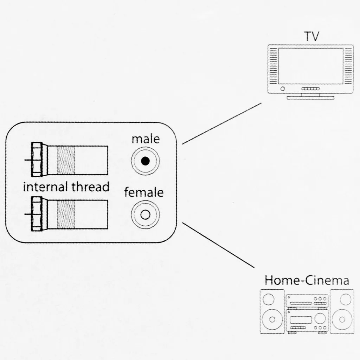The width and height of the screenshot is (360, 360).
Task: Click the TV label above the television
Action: pos(312,36)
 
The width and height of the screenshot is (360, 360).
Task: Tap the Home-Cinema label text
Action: pos(307,281)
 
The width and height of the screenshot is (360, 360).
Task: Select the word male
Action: pos(146,139)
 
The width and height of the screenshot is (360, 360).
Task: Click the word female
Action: pos(144,193)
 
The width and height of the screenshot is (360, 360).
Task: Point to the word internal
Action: pos(46,187)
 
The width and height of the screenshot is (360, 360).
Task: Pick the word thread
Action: pos(91,187)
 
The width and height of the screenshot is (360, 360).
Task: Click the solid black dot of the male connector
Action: pos(145,161)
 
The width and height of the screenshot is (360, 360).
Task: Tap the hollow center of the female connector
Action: pos(145,214)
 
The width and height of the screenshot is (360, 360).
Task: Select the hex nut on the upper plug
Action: pos(37,160)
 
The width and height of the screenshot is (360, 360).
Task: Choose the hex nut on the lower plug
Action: pos(37,214)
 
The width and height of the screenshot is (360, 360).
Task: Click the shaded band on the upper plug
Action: pos(66,160)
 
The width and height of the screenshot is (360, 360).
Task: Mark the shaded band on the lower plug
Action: pos(66,214)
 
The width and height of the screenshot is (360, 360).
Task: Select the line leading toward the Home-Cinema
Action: pos(218,245)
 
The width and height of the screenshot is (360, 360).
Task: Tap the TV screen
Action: pos(310,66)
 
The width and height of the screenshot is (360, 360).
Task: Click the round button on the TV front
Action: pos(283,89)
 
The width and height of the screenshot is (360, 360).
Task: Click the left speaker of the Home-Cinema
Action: pos(271,311)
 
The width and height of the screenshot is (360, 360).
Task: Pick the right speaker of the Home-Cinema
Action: pos(342,311)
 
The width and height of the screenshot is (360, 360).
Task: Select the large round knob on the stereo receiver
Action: pos(320,319)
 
